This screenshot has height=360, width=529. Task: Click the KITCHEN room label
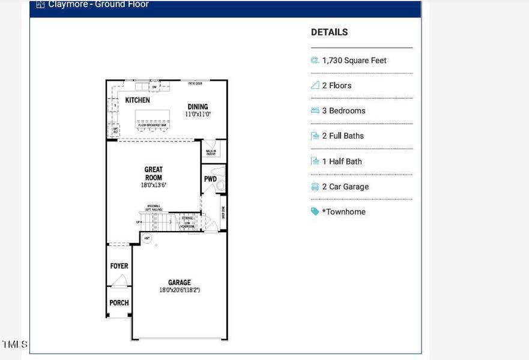point(138,100)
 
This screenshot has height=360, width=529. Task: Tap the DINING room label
point(198,106)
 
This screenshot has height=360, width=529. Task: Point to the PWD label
point(210,179)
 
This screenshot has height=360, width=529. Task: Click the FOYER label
point(119,266)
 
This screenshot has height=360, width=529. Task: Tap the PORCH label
point(119,303)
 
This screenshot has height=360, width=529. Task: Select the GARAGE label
point(179,283)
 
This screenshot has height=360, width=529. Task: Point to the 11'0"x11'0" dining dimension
point(198,114)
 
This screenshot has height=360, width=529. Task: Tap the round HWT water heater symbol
point(147,238)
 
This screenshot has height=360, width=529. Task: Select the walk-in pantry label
point(211,153)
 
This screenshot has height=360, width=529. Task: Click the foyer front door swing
point(120,280)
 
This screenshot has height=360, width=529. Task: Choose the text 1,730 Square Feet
point(354,61)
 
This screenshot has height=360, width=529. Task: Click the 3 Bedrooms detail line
point(343,111)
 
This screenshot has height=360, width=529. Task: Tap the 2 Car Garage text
point(345,187)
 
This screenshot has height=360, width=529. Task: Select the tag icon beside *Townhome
point(315,212)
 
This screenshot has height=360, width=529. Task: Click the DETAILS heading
point(329,32)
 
